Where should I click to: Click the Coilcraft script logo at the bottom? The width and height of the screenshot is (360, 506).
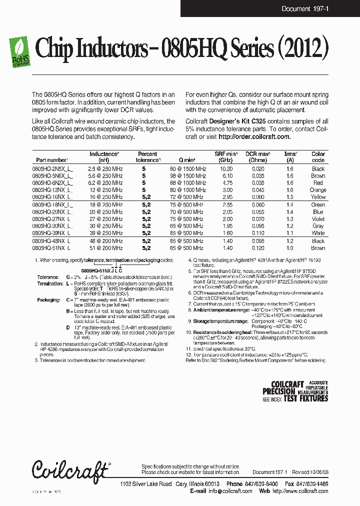click(x=70, y=470)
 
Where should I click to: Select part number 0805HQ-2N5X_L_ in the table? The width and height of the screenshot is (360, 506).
click(x=52, y=169)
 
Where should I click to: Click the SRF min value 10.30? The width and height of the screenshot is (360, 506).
click(x=226, y=169)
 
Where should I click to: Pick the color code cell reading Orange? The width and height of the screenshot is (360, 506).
click(x=318, y=190)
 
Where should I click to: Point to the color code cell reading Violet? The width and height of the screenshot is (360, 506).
click(x=318, y=218)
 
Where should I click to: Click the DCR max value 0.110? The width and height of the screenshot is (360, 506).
click(x=258, y=233)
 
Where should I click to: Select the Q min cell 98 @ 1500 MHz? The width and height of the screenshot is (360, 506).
click(x=187, y=176)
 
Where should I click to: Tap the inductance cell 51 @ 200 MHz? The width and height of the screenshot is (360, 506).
click(x=104, y=248)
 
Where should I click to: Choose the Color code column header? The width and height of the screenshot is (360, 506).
click(x=318, y=157)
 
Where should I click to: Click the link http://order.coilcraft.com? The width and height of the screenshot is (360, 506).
click(x=254, y=136)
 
